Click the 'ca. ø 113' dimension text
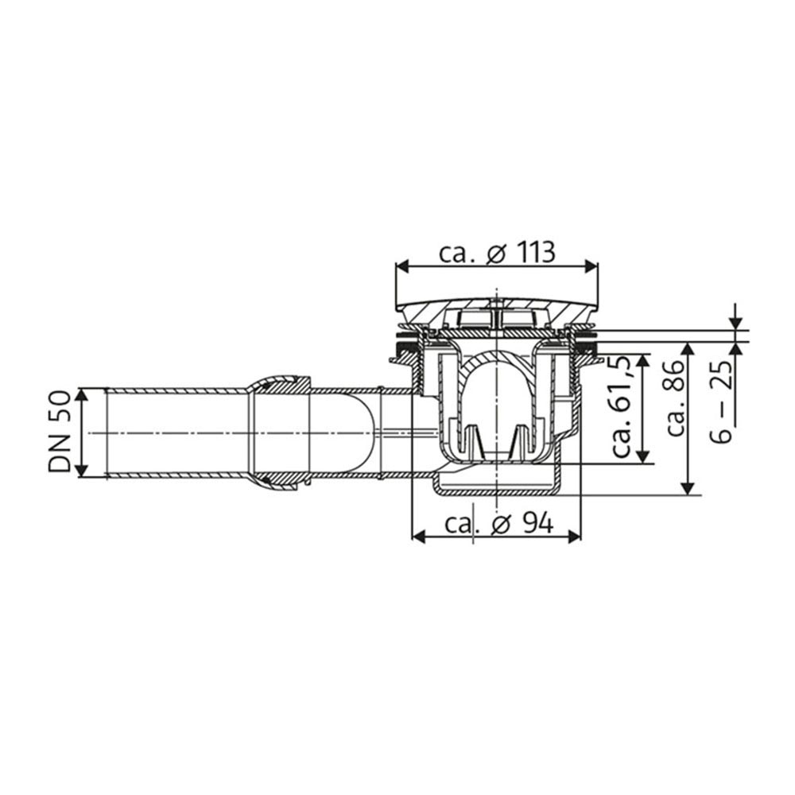coord(497,253)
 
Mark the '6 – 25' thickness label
coord(723,390)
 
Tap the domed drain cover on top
coord(497,306)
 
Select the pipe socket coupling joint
coord(278,433)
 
